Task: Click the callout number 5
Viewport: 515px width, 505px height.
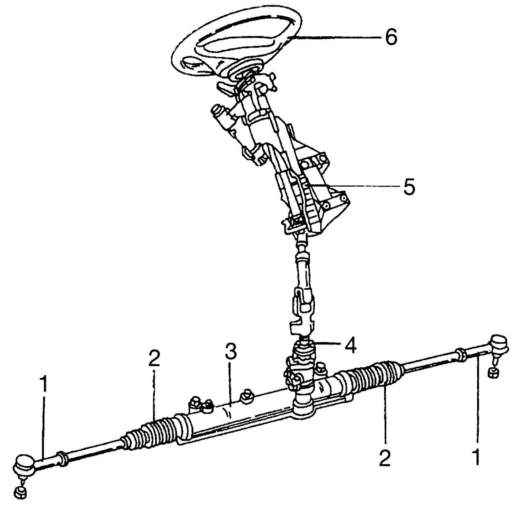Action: coord(409,188)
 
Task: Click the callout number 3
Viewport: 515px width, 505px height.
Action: coord(231,352)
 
